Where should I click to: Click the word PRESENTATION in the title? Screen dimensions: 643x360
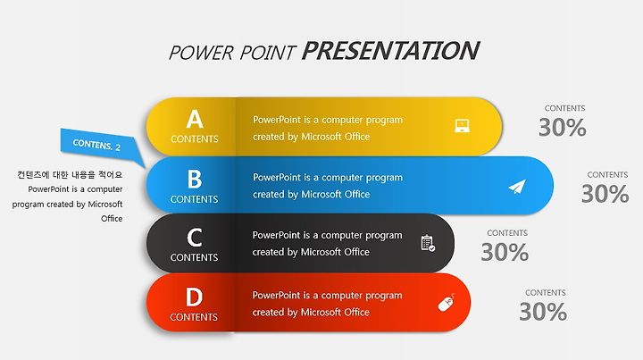point(390,51)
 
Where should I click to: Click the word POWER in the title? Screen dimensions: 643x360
point(201,53)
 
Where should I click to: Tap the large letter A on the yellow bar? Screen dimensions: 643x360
point(195,119)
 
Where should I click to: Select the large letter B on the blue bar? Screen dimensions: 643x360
point(195,179)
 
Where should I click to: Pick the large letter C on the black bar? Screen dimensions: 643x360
point(195,238)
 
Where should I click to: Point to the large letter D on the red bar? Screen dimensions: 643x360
point(194,297)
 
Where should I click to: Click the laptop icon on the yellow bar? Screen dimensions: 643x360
point(463,125)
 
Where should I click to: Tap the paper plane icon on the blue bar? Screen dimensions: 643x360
point(517,187)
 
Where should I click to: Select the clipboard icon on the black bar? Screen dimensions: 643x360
point(428,243)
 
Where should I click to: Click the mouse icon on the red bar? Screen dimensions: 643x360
point(447,303)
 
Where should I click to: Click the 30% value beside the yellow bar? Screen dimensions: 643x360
point(563,127)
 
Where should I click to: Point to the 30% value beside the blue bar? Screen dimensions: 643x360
point(605,194)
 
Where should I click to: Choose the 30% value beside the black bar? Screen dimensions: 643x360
point(505,252)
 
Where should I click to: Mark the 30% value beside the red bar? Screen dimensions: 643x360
point(543,312)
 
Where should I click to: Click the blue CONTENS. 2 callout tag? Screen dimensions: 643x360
point(97,144)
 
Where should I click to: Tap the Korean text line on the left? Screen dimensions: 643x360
point(70,175)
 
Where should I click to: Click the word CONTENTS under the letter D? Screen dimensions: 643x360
point(194,317)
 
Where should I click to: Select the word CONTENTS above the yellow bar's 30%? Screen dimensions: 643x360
point(564,108)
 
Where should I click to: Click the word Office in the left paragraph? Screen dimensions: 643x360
point(112,219)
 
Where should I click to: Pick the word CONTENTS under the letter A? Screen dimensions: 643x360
point(195,139)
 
